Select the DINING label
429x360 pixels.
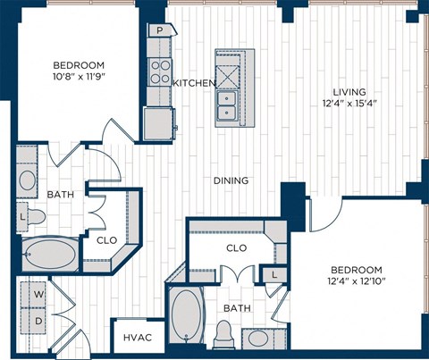point(231,180)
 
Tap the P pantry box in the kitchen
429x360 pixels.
point(159,29)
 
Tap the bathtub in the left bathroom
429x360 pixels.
point(51,255)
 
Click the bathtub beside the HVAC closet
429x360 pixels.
point(188,317)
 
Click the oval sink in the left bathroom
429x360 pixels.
point(29,179)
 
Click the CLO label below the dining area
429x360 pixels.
point(236,248)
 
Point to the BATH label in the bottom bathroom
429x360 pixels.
point(237,308)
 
